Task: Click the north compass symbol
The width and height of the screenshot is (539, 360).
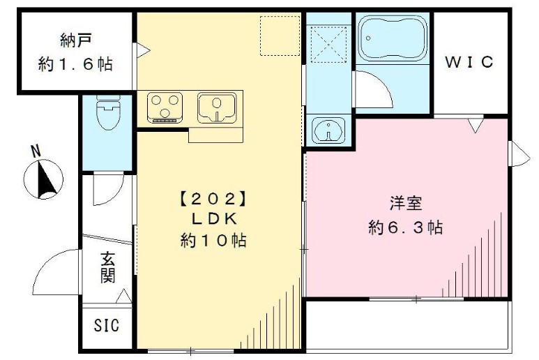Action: pos(44,179)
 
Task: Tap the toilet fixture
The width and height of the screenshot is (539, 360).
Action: pos(107,114)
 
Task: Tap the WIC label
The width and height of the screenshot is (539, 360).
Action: pos(470,62)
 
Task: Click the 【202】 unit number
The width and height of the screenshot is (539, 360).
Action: pos(214,198)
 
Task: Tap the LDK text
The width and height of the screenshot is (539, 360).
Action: pos(214,219)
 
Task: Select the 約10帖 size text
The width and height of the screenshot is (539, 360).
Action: pos(214,241)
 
